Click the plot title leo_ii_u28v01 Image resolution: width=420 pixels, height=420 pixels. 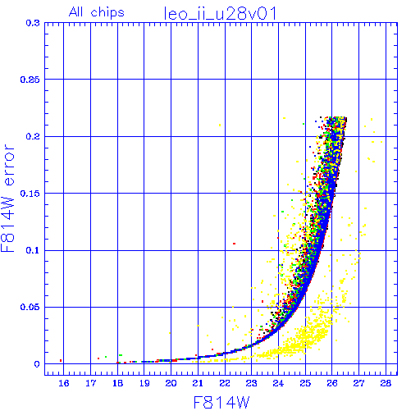click(221, 13)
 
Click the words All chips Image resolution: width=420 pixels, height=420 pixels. click(97, 12)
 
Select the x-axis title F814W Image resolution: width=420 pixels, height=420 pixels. click(221, 403)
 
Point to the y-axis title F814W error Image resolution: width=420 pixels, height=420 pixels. click(8, 199)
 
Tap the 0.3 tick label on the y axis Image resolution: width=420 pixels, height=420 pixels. click(33, 23)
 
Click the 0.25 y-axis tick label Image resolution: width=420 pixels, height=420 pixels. click(30, 80)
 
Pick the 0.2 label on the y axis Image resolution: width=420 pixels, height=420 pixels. click(33, 136)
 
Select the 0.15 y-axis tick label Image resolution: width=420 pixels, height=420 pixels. click(30, 194)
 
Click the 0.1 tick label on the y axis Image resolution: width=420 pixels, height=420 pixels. click(33, 250)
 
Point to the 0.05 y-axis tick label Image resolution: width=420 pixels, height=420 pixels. click(30, 307)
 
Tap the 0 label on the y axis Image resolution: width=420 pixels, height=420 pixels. click(37, 364)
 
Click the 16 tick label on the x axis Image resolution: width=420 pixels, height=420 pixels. click(64, 383)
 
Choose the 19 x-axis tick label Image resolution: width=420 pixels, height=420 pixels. click(144, 383)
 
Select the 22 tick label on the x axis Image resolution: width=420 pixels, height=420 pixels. click(225, 383)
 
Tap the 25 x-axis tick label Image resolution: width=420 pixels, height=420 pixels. click(305, 383)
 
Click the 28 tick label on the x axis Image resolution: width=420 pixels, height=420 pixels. click(386, 383)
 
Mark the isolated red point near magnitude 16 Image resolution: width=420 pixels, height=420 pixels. click(61, 361)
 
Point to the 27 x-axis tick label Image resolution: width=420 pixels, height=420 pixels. click(358, 383)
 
